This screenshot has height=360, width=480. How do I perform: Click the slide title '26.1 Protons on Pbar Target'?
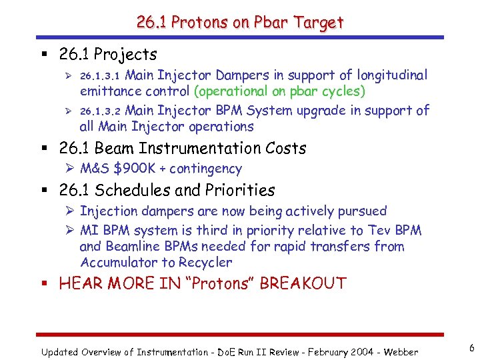(240, 22)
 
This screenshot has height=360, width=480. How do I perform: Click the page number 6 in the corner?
(471, 348)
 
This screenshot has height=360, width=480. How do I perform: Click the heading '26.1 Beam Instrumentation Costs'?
(183, 148)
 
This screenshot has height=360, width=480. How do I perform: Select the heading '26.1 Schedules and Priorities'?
(167, 190)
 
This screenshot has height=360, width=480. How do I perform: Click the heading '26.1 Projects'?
(108, 54)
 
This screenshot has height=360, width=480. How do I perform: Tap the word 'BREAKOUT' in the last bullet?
(303, 283)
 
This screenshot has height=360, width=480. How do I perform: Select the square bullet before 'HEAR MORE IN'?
(49, 284)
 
